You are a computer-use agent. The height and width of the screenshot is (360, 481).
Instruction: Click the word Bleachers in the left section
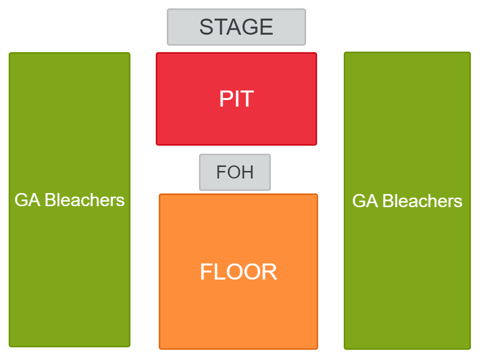84,200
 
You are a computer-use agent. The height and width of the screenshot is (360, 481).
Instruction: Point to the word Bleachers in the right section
422,201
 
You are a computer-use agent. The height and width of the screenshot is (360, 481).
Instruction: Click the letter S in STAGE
206,27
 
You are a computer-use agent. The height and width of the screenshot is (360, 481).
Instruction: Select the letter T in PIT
247,99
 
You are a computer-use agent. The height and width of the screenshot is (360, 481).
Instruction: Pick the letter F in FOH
221,172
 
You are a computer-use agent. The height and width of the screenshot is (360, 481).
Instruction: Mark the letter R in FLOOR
270,272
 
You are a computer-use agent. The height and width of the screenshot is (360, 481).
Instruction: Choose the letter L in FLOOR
217,272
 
